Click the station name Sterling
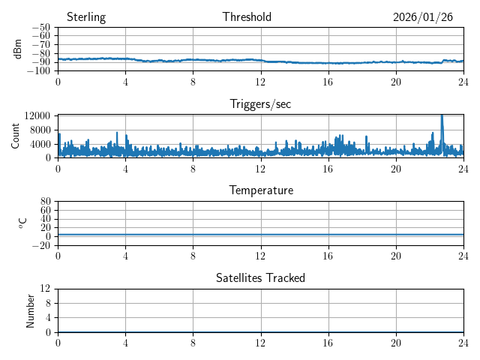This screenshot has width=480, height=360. [86, 17]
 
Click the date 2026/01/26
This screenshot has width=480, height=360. [423, 17]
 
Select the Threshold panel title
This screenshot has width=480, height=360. [247, 17]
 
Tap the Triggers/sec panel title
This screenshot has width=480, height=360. [260, 104]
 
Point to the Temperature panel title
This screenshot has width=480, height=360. [260, 190]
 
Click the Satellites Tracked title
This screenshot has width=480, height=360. [260, 277]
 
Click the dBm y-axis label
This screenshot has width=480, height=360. [18, 49]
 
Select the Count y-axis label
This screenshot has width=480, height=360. [16, 136]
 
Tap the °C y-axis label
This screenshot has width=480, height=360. [23, 223]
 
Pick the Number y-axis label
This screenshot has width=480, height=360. [31, 310]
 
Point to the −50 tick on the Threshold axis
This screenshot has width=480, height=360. [41, 28]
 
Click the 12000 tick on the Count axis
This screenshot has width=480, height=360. [37, 115]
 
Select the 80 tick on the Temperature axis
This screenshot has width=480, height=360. [45, 202]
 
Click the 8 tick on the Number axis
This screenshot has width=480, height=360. [47, 303]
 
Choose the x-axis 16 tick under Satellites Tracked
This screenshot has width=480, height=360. [328, 342]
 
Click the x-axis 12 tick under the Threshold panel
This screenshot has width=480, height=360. [260, 81]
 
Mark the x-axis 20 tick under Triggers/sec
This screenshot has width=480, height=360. [396, 168]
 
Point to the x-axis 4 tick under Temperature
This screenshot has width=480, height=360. [125, 255]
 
